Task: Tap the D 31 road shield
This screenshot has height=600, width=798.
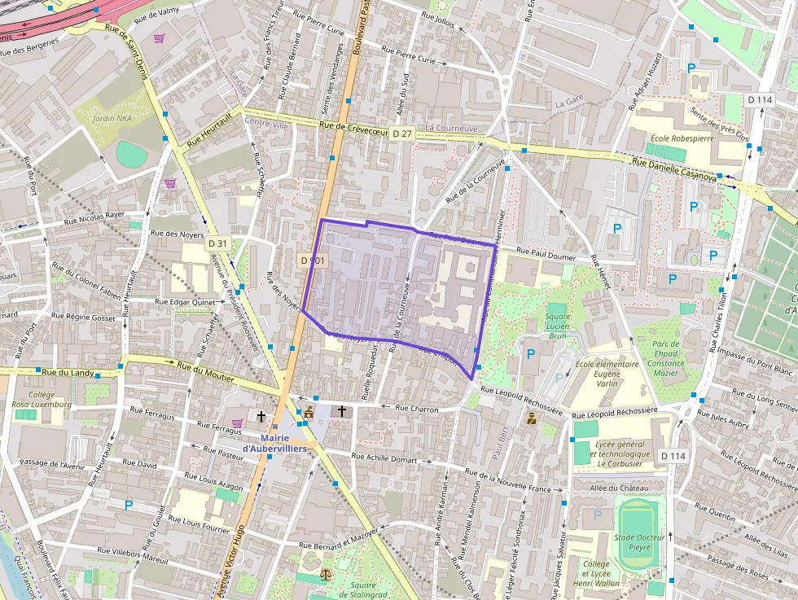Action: coord(217,243)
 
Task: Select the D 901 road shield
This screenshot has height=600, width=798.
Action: coord(312,261)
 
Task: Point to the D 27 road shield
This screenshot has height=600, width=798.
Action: coord(401,133)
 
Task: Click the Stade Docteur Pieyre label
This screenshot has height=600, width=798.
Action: coord(639,542)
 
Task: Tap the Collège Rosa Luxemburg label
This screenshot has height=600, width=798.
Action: coord(42,399)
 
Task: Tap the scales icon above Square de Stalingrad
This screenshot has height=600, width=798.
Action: coord(327,574)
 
